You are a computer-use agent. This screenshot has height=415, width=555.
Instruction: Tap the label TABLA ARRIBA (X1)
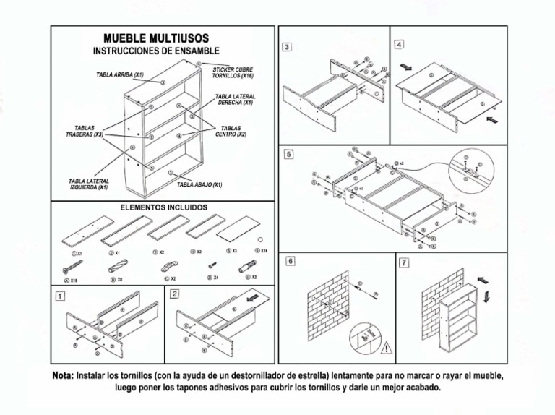point(120,74)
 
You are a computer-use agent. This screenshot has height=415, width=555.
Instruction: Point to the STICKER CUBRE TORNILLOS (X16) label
point(232,72)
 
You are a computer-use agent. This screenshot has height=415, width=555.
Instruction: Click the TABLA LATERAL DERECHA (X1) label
point(235,99)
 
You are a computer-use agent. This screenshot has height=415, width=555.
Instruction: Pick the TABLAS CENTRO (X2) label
point(231,131)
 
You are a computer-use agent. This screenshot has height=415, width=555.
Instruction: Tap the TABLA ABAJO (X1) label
point(199,184)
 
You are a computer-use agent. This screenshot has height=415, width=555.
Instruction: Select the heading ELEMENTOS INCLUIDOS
point(163,208)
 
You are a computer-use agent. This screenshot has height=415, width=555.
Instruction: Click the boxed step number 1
point(59,295)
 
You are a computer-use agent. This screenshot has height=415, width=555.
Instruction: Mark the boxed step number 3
point(287,47)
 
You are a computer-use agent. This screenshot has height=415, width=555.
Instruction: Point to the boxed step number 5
point(288,154)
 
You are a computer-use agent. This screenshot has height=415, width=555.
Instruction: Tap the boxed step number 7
point(403,261)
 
